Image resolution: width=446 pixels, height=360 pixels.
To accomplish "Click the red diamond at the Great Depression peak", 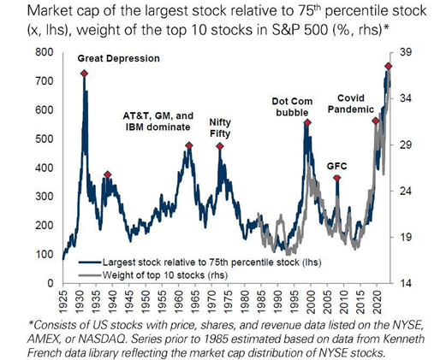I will click(x=84, y=74).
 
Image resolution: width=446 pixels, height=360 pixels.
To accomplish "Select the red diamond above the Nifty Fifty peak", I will click(x=220, y=146).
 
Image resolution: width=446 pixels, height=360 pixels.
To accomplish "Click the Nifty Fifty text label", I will click(x=220, y=127).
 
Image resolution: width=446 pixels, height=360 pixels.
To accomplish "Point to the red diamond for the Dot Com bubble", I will click(x=307, y=123).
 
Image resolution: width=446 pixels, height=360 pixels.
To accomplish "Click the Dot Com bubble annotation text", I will click(x=293, y=106).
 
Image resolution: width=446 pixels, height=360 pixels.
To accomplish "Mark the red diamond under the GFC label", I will click(x=337, y=178).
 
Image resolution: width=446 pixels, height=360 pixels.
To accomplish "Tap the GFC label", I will click(x=337, y=165).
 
